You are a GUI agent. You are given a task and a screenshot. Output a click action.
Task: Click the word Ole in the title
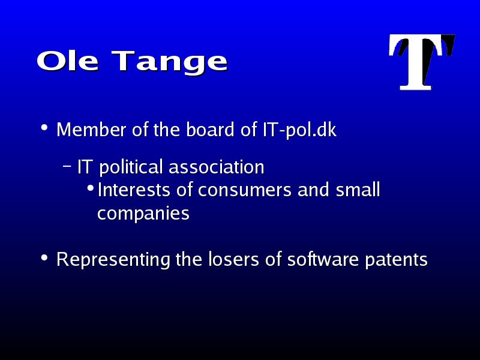pyautogui.click(x=68, y=61)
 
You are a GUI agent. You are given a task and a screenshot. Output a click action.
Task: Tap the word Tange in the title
pyautogui.click(x=170, y=64)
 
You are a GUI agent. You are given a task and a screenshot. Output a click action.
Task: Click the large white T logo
pyautogui.click(x=422, y=62)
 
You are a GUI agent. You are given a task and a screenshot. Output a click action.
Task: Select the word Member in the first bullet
pyautogui.click(x=91, y=130)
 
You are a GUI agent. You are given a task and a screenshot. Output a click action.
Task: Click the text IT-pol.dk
pyautogui.click(x=299, y=130)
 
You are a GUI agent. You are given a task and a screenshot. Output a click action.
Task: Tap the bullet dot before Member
pyautogui.click(x=44, y=127)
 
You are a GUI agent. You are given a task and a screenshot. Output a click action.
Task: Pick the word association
pyautogui.click(x=217, y=167)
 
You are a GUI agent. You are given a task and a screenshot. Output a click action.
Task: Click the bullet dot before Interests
pyautogui.click(x=91, y=188)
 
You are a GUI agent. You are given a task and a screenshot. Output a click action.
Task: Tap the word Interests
pyautogui.click(x=134, y=190)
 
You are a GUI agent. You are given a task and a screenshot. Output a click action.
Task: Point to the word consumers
pyautogui.click(x=244, y=190)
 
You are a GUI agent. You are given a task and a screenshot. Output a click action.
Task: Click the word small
pyautogui.click(x=358, y=190)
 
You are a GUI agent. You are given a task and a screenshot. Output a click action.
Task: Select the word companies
pyautogui.click(x=143, y=214)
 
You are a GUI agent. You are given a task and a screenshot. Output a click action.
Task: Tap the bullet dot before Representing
pyautogui.click(x=44, y=257)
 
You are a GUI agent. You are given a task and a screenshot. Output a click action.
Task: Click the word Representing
pyautogui.click(x=113, y=260)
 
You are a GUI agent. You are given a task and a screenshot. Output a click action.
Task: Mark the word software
pyautogui.click(x=323, y=259)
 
